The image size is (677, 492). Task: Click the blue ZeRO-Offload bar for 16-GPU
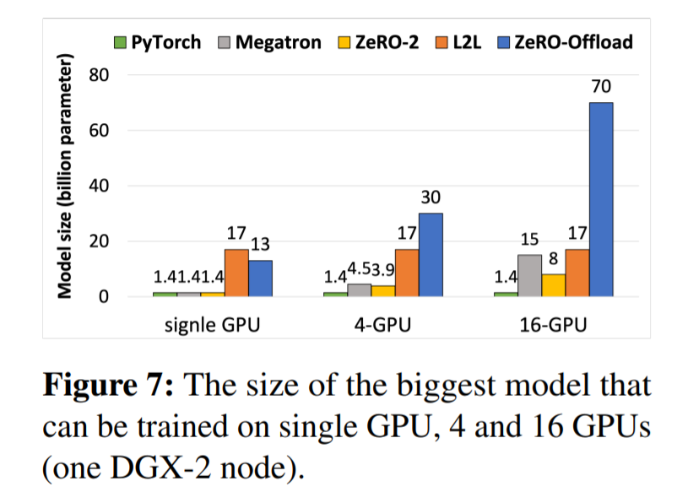coord(600,199)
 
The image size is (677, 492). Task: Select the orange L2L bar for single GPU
coord(236,273)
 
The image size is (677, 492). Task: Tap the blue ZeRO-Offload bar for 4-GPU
coord(431,254)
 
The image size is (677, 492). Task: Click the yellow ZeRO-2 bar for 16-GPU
coord(552,285)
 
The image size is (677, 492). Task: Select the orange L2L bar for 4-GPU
coord(406,273)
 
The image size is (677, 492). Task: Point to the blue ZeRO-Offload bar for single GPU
coord(261,278)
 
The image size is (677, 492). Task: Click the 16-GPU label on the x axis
coord(552,324)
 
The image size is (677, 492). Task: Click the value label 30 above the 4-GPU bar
coord(431,197)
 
